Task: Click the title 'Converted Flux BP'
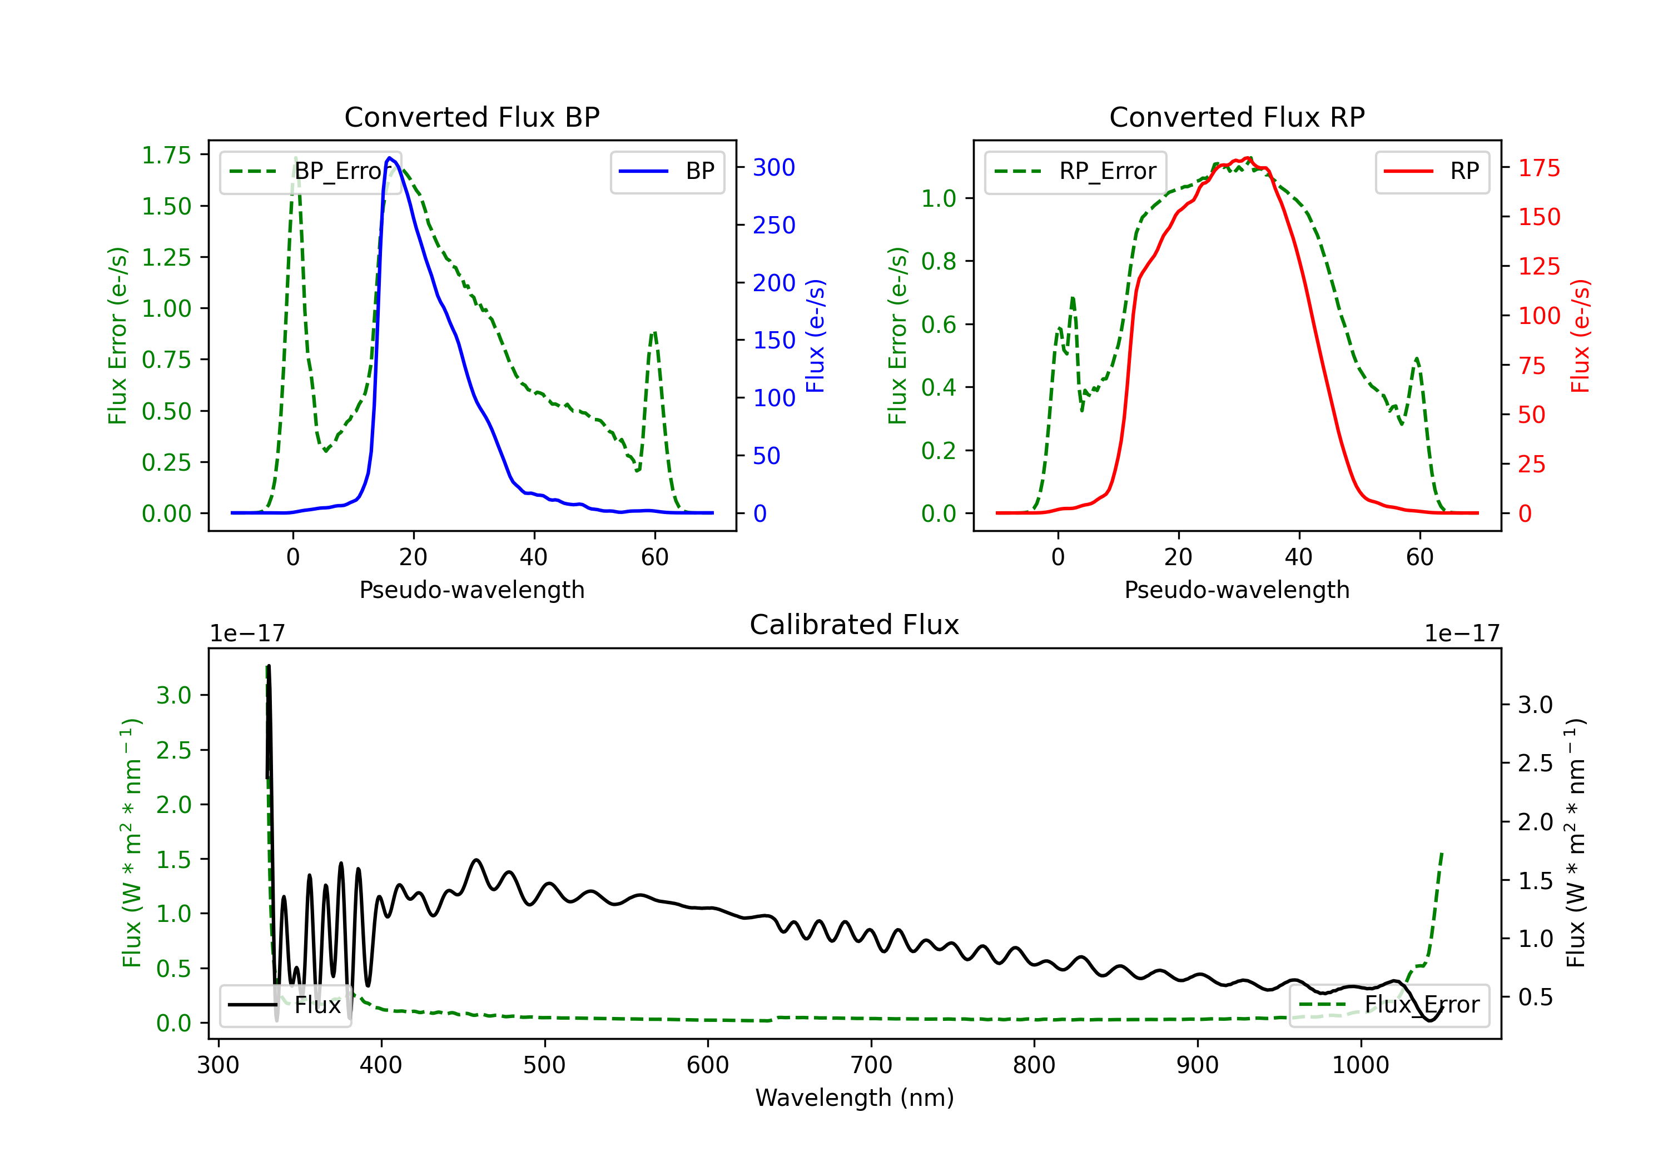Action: point(472,117)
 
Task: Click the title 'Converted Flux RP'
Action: point(1237,117)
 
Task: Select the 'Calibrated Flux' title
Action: point(855,625)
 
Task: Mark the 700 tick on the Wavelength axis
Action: point(871,1065)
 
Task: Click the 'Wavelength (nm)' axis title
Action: point(855,1098)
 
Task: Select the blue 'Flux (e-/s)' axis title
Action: point(816,336)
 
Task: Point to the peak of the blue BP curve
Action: point(390,158)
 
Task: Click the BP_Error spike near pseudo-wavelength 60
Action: point(654,333)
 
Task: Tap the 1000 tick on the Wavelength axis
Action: point(1361,1065)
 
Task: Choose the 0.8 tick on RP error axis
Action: point(939,261)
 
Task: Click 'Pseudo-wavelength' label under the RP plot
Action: point(1237,590)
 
